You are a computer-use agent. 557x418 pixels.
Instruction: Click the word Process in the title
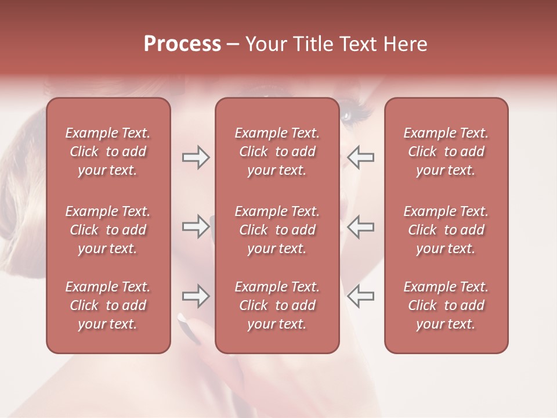[182, 44]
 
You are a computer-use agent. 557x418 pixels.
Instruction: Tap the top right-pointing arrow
[196, 157]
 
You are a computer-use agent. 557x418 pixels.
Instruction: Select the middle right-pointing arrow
[196, 226]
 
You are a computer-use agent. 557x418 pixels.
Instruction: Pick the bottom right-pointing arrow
[196, 296]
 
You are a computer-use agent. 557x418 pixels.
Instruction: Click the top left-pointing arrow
[360, 157]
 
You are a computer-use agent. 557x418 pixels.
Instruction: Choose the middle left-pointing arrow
[360, 226]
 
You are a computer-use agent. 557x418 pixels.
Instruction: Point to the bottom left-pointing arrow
[360, 296]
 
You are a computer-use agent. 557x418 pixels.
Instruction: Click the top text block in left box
[108, 152]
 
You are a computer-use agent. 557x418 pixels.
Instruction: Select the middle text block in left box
[108, 230]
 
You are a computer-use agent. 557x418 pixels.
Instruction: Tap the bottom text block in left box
[108, 305]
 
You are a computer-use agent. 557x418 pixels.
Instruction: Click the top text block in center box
[277, 152]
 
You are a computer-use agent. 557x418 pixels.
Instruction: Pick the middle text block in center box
[277, 230]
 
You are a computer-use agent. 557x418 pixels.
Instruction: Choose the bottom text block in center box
[277, 305]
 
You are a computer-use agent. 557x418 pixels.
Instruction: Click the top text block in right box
[446, 152]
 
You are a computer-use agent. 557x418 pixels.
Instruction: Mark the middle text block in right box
[446, 230]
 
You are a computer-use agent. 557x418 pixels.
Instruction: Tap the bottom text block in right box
[446, 305]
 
